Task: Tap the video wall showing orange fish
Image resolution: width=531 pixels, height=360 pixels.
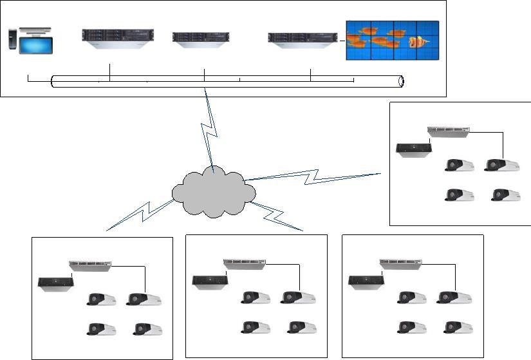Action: (393, 41)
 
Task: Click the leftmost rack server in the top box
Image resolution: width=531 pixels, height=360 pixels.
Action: (118, 38)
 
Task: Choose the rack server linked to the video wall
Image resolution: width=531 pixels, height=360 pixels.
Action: (303, 39)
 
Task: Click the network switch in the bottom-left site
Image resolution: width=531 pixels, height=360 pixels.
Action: (90, 264)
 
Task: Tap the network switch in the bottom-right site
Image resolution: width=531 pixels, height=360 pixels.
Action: (401, 263)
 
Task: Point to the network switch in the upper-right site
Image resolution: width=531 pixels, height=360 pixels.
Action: (449, 131)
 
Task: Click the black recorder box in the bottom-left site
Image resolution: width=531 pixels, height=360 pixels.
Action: (56, 283)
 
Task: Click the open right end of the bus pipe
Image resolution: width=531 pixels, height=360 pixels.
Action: (401, 82)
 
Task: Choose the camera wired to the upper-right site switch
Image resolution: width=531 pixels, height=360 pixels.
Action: (503, 166)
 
